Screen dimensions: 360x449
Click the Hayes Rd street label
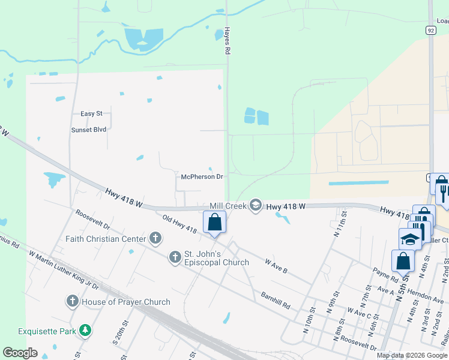(228, 41)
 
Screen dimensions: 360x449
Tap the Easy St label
(92, 113)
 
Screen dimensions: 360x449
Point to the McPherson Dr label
(202, 177)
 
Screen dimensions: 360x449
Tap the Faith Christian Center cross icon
(155, 238)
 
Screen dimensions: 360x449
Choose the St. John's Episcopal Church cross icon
(175, 257)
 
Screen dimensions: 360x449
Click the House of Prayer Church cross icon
(73, 301)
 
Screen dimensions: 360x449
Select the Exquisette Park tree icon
(86, 330)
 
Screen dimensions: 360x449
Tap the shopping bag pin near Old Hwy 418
(215, 223)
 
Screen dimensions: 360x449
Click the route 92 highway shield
(431, 29)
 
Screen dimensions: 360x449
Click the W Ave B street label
(276, 266)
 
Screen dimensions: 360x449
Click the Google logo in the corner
(20, 353)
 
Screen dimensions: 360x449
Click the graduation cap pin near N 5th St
(411, 239)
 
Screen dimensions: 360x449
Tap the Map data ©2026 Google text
(411, 355)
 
